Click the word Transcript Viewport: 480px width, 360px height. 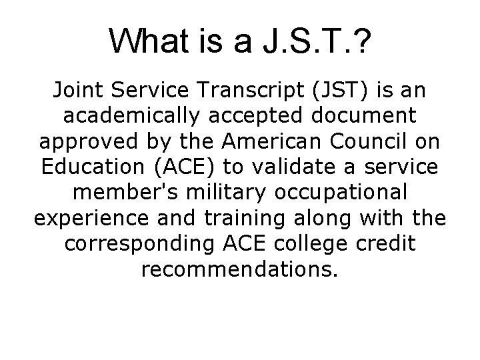point(238,89)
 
